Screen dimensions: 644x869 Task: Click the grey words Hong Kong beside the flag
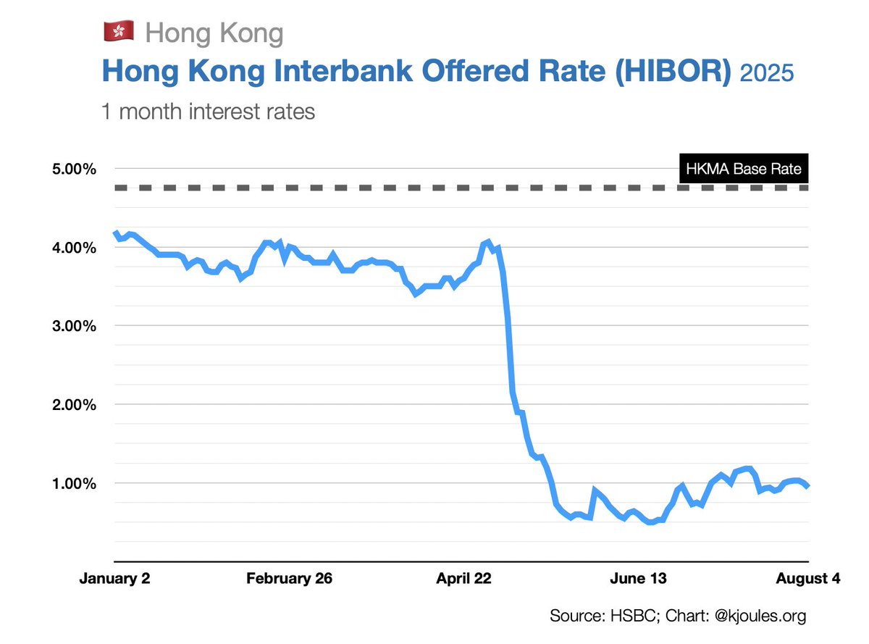pyautogui.click(x=214, y=33)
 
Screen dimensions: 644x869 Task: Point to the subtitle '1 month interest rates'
pyautogui.click(x=208, y=112)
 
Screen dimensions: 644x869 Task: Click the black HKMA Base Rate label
pyautogui.click(x=743, y=170)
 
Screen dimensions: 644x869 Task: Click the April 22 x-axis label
pyautogui.click(x=463, y=579)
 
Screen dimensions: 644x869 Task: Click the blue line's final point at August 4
pyautogui.click(x=807, y=486)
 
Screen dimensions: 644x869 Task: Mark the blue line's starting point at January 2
pyautogui.click(x=115, y=233)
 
